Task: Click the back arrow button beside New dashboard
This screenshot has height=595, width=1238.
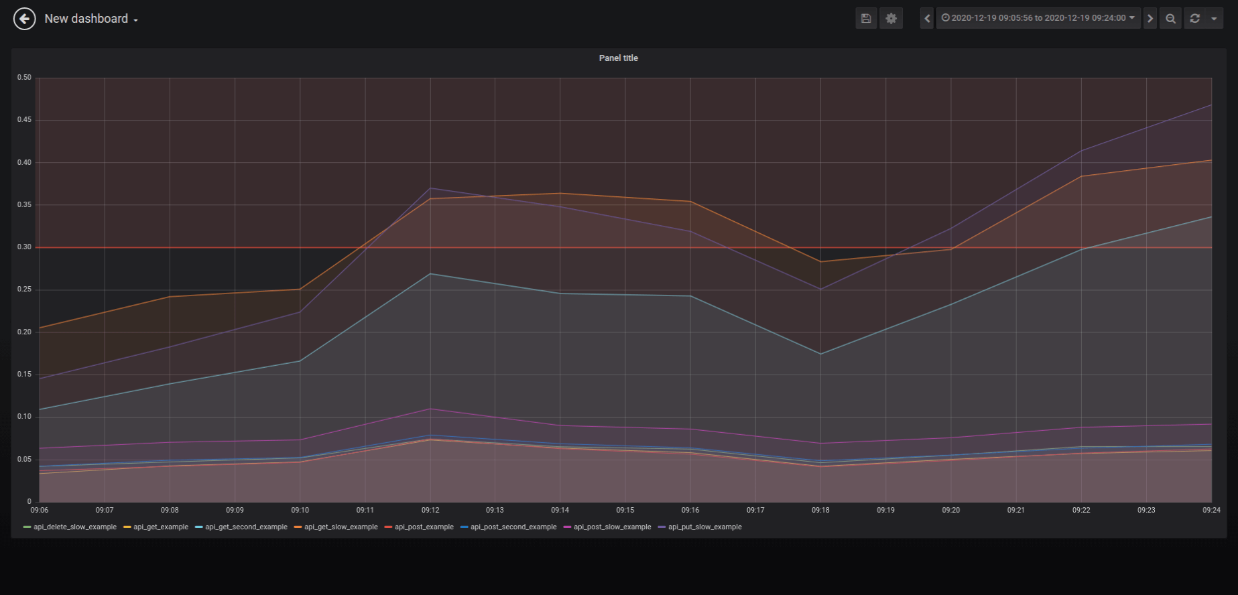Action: (x=25, y=19)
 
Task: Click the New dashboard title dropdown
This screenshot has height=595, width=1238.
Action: (x=91, y=19)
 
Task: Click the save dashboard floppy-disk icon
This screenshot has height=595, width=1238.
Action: (x=866, y=19)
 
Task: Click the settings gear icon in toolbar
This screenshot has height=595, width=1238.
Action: (x=891, y=19)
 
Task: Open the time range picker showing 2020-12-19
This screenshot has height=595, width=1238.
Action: (x=1038, y=18)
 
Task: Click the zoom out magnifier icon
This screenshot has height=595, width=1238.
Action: (x=1170, y=19)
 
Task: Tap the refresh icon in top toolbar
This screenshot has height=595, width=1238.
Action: (x=1194, y=19)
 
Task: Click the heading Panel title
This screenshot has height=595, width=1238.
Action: (x=618, y=58)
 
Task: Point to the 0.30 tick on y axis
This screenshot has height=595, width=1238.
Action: (x=24, y=247)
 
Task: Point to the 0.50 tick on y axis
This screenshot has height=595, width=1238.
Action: (x=24, y=78)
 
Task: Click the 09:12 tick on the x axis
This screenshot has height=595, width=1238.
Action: (x=430, y=511)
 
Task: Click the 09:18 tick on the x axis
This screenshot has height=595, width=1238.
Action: (x=820, y=511)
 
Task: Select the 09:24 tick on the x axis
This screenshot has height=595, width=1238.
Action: (x=1211, y=511)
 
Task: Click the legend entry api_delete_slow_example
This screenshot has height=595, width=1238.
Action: (x=74, y=527)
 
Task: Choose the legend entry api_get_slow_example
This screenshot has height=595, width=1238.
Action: (x=341, y=527)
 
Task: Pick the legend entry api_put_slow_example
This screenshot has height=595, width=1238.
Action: (x=704, y=527)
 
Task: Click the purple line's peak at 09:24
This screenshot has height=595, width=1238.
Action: (x=1211, y=105)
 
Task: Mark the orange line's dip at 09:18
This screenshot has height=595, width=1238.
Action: (x=820, y=262)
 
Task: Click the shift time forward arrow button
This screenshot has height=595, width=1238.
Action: (x=1150, y=19)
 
